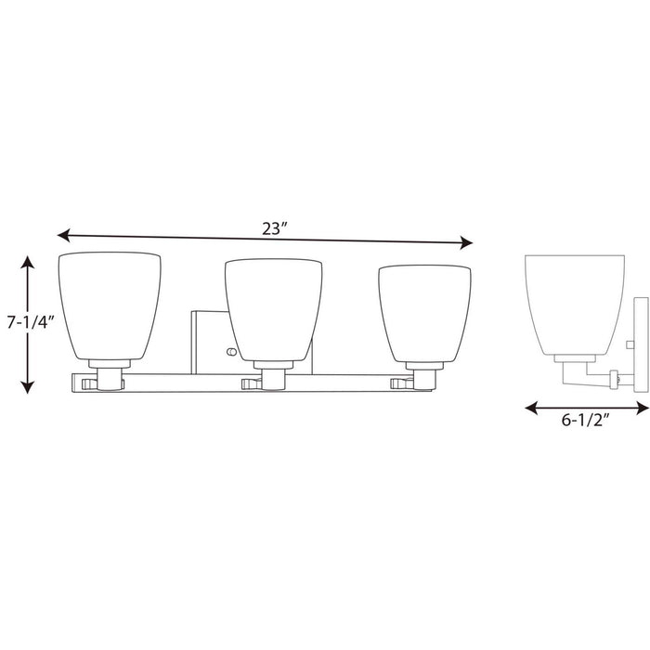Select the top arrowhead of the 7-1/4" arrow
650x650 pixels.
click(28, 260)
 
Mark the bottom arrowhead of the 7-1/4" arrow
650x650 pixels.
click(28, 391)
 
